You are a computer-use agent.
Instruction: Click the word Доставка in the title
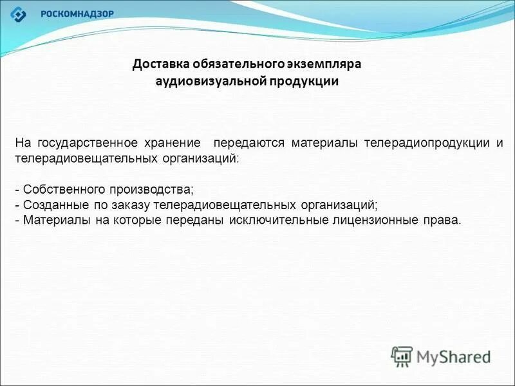[158, 65]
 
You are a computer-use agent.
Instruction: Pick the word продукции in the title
[306, 82]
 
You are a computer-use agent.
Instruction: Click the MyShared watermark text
[453, 356]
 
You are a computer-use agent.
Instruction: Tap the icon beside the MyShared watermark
[402, 356]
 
